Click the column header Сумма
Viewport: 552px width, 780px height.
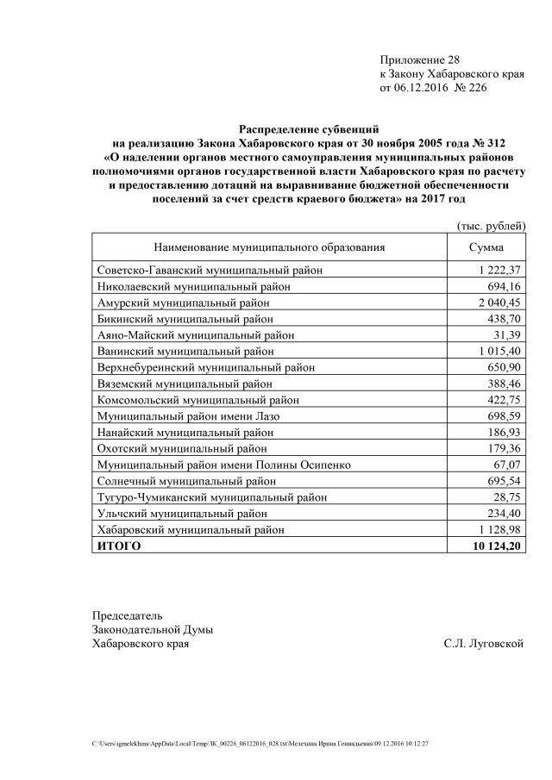click(x=486, y=247)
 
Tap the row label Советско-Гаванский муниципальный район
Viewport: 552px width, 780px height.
click(x=210, y=271)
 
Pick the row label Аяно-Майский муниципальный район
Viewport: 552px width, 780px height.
click(x=196, y=335)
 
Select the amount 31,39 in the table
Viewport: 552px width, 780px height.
click(x=508, y=335)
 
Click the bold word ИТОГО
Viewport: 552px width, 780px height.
click(x=119, y=546)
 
